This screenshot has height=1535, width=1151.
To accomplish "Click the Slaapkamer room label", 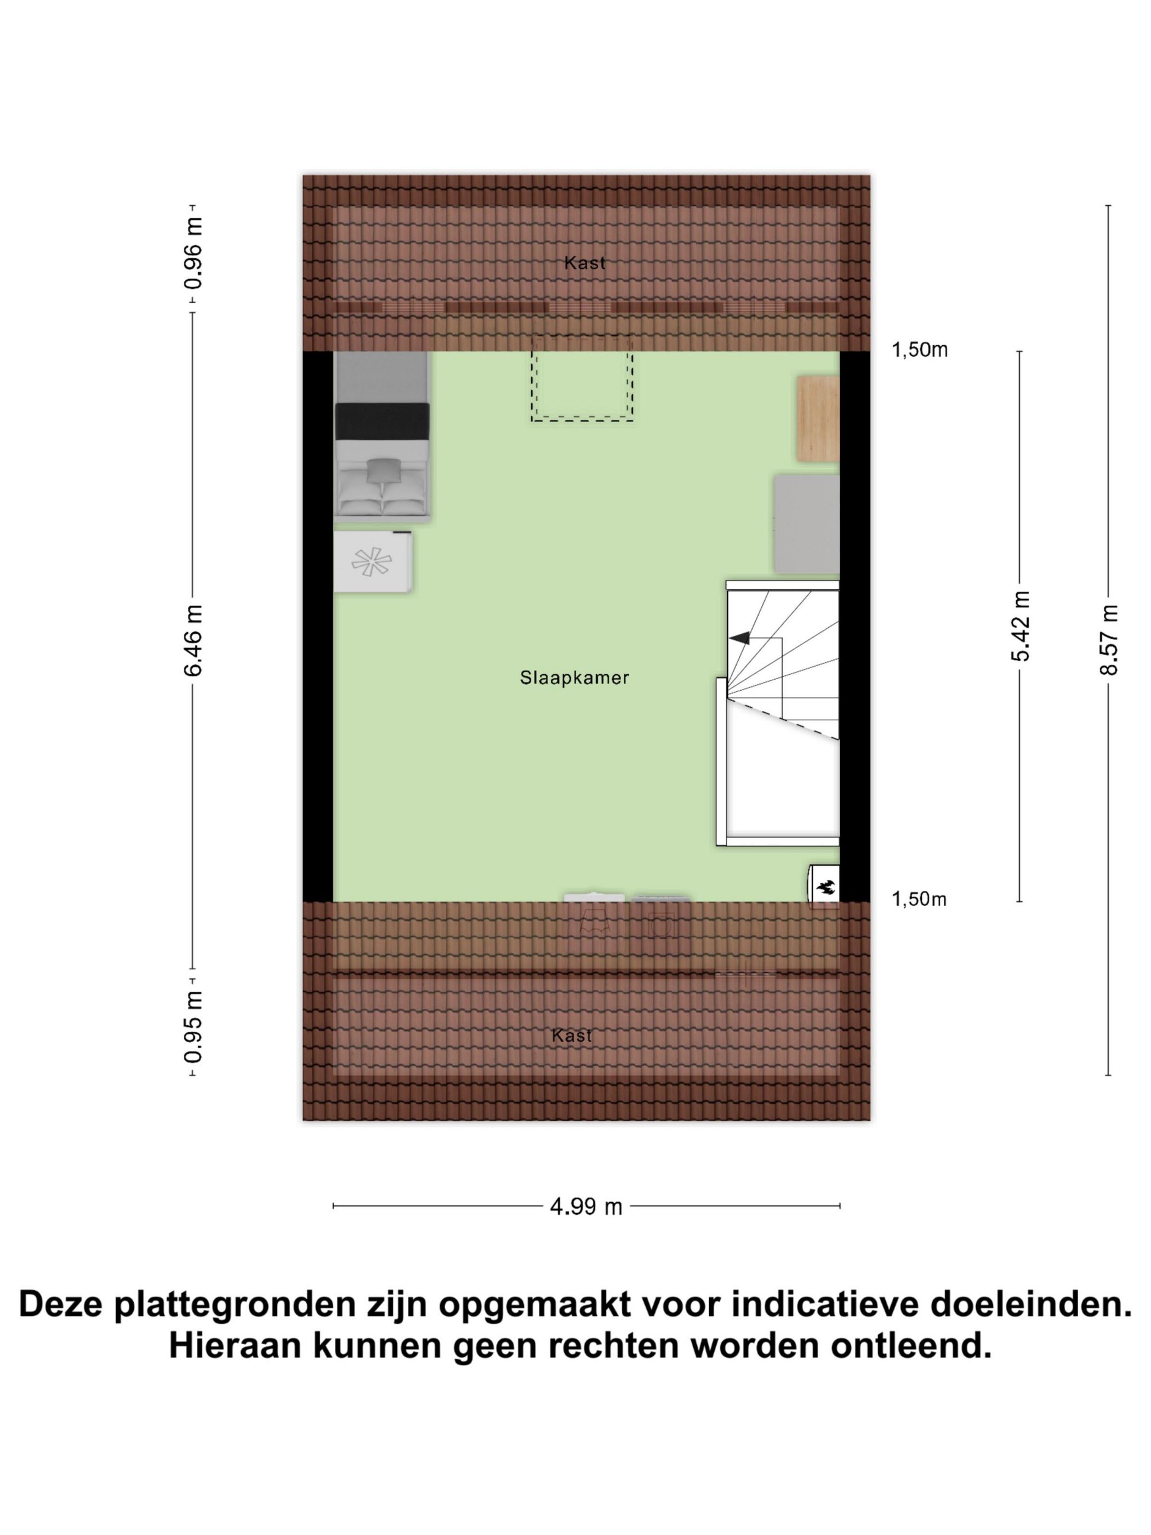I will (574, 677).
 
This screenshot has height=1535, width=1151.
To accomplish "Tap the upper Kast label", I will (584, 263).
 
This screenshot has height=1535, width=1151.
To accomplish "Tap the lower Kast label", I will (572, 1036).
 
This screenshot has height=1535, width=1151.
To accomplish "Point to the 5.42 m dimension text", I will (1019, 626).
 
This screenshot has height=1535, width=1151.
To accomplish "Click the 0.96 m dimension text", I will (193, 254).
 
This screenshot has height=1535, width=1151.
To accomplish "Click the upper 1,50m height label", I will (919, 350).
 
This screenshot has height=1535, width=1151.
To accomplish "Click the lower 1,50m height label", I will (919, 900).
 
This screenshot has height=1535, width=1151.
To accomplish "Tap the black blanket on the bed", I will (381, 421).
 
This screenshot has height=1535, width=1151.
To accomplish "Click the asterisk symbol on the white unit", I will (371, 562).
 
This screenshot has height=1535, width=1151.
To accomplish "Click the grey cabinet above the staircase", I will (806, 524).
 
